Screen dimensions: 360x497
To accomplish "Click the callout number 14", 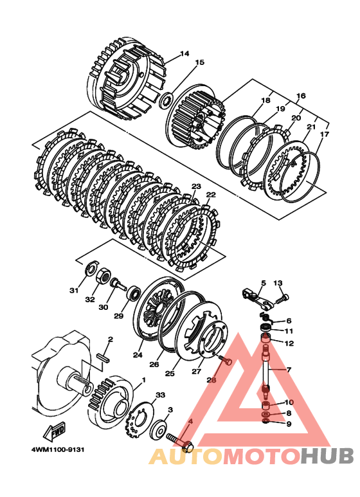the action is coord(184,53).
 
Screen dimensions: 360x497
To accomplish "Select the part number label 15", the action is coord(200,62).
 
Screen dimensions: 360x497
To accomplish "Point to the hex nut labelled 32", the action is coord(103,275).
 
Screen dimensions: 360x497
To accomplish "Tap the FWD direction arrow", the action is coord(54,431).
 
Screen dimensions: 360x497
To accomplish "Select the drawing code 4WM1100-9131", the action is coord(58,449).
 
